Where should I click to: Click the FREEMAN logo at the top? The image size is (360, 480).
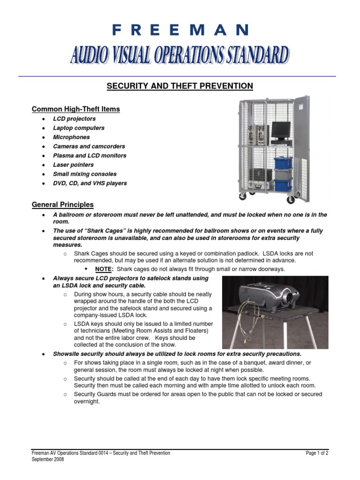click(x=180, y=30)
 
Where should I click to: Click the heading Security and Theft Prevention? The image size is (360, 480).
click(x=180, y=86)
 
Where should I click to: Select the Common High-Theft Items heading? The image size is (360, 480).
click(x=75, y=109)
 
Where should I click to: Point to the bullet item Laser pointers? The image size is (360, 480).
click(x=73, y=165)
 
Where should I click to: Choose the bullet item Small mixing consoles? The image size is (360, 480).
click(x=84, y=174)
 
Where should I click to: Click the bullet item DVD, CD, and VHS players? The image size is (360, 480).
click(x=90, y=183)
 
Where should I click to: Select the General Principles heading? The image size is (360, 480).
click(x=62, y=205)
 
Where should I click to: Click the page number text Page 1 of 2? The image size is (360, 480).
click(x=317, y=453)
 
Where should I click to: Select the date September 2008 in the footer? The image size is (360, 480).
click(x=47, y=460)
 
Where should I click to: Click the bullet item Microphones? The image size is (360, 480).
click(x=71, y=137)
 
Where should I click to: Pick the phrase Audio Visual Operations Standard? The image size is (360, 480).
click(x=179, y=55)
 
